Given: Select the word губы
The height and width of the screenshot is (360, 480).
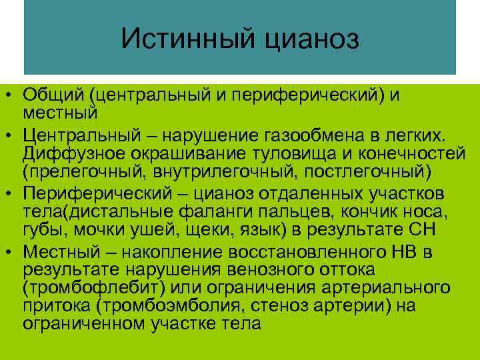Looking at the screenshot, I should click(x=41, y=231).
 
